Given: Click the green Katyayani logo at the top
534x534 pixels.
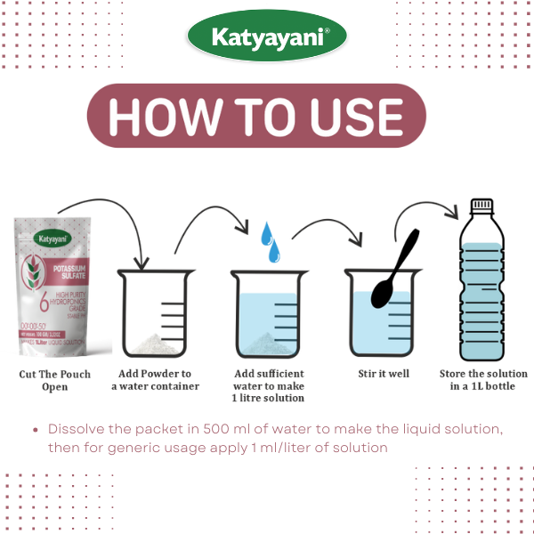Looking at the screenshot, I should pos(267,37).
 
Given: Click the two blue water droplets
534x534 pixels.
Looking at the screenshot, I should pos(270,241).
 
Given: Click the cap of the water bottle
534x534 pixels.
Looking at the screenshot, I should pos(481,205).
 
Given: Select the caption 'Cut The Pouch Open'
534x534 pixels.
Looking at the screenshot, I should pos(55,380).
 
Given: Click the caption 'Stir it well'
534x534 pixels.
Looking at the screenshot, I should pos(377,374).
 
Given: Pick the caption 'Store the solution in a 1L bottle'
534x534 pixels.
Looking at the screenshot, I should pos(483,380).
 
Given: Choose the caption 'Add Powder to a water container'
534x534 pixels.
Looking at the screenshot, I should pos(155,380).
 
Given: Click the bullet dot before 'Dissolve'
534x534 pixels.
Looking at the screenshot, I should pos(36,430).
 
